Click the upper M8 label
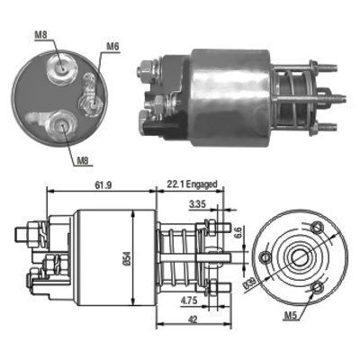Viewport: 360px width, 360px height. coord(41,34)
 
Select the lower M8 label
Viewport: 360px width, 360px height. coord(83,161)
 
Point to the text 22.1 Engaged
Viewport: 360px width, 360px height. coord(192,184)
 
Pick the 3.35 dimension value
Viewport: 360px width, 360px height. coord(197,204)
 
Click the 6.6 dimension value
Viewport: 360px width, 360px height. coord(238,234)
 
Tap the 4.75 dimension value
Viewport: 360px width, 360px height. coord(189,301)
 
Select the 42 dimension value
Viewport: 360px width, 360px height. coord(193,319)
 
